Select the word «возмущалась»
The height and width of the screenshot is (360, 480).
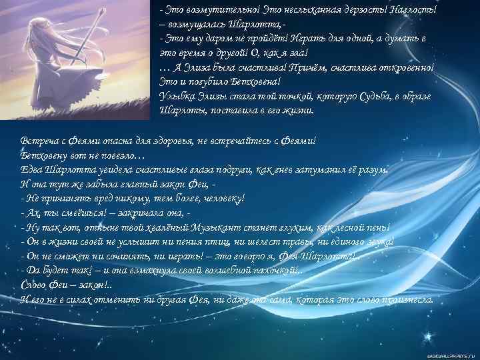click(197, 25)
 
